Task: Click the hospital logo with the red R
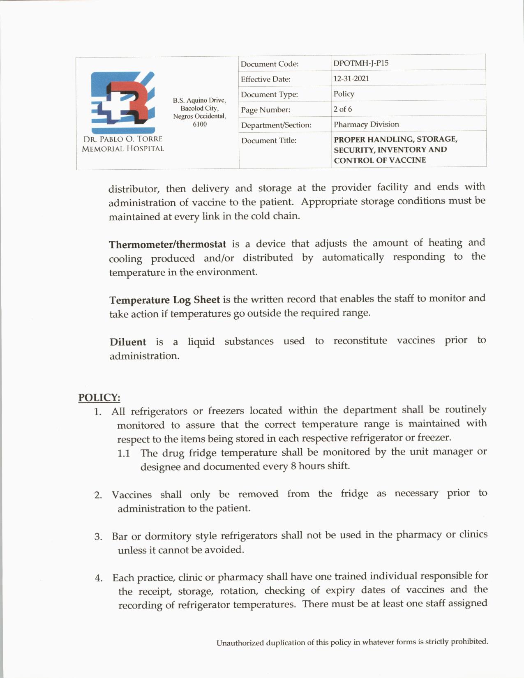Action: (x=122, y=101)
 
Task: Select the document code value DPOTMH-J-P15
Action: (x=361, y=63)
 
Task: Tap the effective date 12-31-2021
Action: (x=351, y=78)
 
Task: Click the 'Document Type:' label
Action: (x=269, y=95)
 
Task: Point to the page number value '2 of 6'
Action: (x=342, y=109)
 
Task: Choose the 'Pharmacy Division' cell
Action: (x=366, y=124)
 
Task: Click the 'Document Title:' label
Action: (x=269, y=141)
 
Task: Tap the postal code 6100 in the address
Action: (x=200, y=124)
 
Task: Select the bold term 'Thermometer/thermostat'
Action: (x=167, y=244)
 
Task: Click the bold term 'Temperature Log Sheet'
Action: (x=164, y=300)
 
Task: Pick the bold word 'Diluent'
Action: (x=128, y=342)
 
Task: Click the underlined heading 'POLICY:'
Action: (x=99, y=398)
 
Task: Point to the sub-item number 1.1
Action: (x=124, y=454)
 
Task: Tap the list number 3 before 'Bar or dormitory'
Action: (x=98, y=537)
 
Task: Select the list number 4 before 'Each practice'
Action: (x=99, y=579)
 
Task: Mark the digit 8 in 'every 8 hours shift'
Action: (x=293, y=466)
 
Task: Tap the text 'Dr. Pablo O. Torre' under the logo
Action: (x=123, y=139)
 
